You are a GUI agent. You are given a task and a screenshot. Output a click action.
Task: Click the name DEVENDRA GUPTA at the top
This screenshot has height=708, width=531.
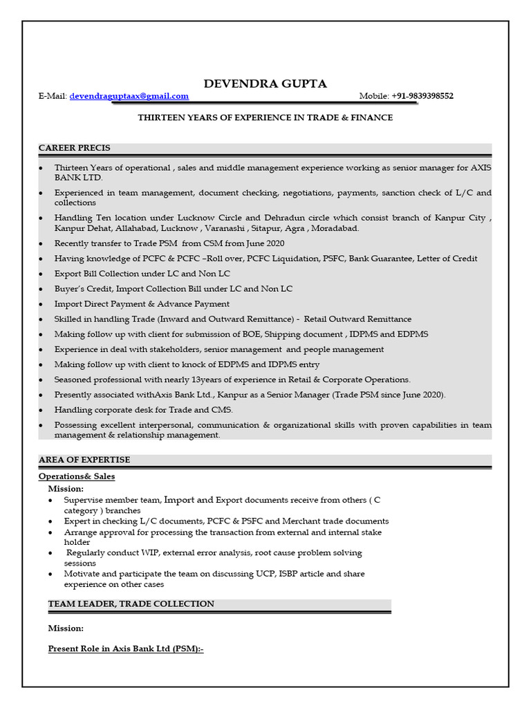pyautogui.click(x=265, y=84)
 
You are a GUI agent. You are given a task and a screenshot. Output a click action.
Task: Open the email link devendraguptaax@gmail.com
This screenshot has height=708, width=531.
pyautogui.click(x=129, y=97)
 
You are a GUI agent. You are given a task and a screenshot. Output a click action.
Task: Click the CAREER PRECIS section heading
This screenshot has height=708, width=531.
pyautogui.click(x=75, y=148)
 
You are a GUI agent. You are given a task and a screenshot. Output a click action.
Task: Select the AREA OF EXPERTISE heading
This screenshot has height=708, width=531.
pyautogui.click(x=84, y=460)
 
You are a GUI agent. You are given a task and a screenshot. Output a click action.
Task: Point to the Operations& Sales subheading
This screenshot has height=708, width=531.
pyautogui.click(x=77, y=476)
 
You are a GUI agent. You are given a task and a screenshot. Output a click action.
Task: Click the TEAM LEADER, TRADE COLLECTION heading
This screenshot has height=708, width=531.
pyautogui.click(x=131, y=604)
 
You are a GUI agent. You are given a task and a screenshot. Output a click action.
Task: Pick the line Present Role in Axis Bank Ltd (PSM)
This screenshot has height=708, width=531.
pyautogui.click(x=126, y=649)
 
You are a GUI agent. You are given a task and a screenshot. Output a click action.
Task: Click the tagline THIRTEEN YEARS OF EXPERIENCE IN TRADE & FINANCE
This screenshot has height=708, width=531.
pyautogui.click(x=265, y=118)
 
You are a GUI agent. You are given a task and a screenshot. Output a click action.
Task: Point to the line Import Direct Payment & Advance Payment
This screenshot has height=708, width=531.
pyautogui.click(x=142, y=304)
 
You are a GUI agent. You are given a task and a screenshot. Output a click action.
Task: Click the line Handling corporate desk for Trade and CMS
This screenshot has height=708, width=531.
pyautogui.click(x=144, y=410)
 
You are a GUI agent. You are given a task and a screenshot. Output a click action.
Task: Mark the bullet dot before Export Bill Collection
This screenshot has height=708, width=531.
pyautogui.click(x=41, y=274)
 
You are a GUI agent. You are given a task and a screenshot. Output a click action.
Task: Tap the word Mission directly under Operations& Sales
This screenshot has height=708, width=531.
pyautogui.click(x=66, y=488)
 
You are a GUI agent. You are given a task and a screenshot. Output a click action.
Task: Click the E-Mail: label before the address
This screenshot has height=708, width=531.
pyautogui.click(x=53, y=97)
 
